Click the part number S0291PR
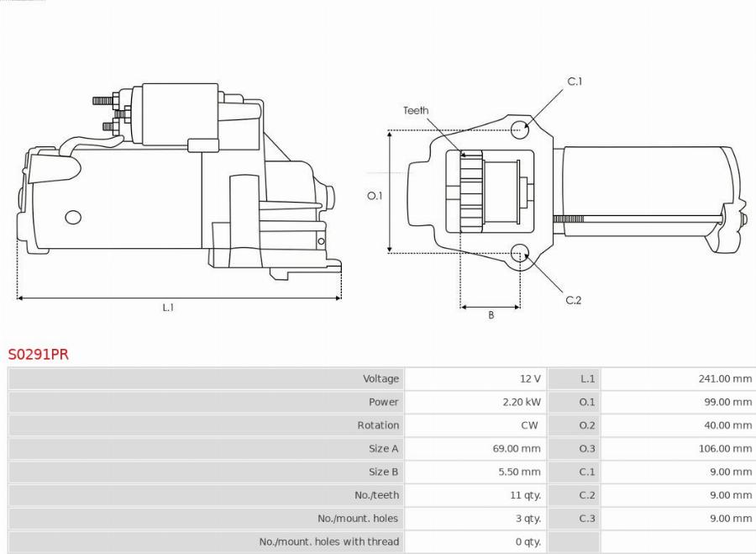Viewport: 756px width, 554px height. [39, 355]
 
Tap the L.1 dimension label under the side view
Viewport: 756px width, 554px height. [168, 308]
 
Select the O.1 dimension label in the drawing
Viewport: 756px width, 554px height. [375, 196]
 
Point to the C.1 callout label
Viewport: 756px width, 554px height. [575, 82]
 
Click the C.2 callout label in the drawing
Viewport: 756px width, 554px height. [573, 300]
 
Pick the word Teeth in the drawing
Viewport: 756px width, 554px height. [416, 110]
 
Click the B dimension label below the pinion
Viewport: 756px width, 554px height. [491, 315]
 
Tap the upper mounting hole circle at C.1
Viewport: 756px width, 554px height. [521, 129]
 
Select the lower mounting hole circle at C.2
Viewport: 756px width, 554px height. [520, 251]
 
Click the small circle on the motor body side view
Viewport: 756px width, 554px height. [73, 217]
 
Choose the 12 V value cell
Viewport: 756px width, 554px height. [529, 379]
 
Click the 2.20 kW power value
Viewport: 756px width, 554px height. [521, 402]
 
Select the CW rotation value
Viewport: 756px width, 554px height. [529, 425]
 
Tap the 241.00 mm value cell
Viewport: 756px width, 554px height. [725, 379]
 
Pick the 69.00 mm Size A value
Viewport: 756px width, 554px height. [517, 449]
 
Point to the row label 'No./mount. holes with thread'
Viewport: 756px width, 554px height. [329, 542]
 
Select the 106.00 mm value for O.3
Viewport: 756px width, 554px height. [725, 449]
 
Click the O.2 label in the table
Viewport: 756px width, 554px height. [587, 425]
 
